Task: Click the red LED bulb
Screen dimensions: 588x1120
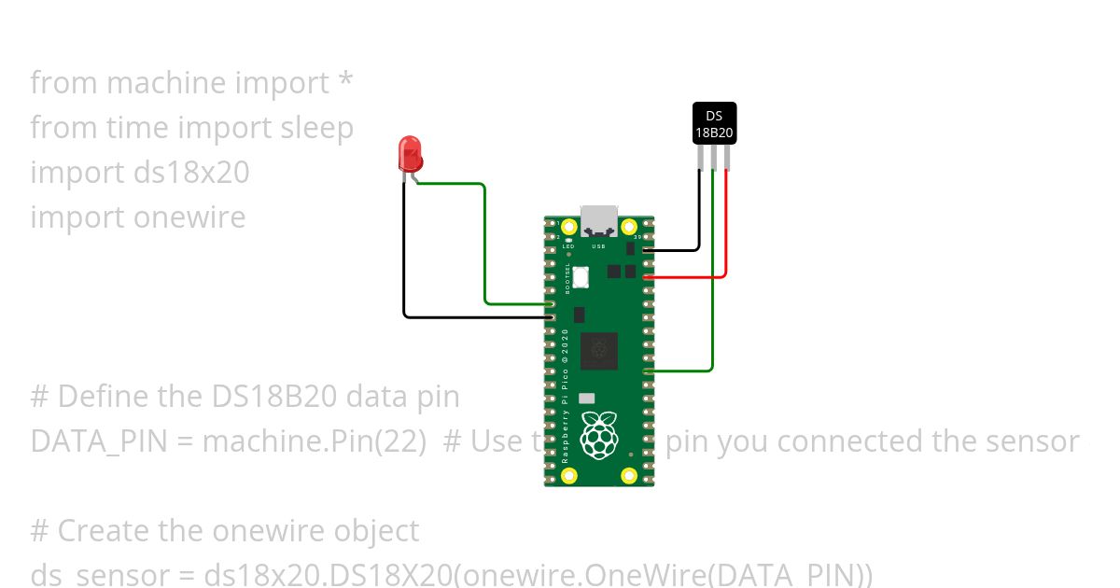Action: tap(409, 152)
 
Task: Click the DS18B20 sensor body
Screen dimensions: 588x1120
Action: tap(714, 123)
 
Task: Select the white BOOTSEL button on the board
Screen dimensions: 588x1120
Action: tap(581, 276)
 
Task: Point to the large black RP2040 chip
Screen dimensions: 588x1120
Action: tap(598, 351)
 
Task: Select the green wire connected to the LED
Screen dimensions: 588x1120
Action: tap(484, 243)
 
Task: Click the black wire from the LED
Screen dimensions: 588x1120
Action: tap(404, 261)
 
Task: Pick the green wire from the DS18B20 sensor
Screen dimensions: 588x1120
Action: tap(713, 280)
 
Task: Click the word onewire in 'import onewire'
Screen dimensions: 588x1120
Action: tap(189, 217)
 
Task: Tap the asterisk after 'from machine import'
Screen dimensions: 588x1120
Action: tap(345, 80)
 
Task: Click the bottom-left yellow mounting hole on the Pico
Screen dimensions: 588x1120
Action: tap(568, 477)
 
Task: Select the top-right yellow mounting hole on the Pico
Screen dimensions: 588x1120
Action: tap(629, 226)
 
